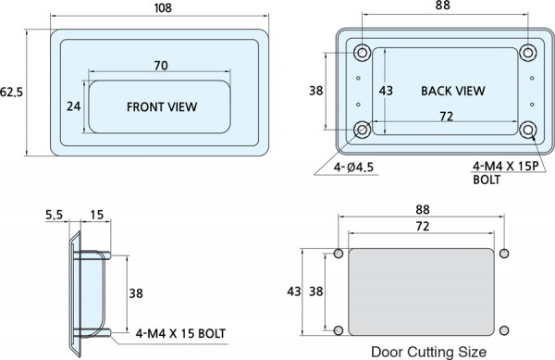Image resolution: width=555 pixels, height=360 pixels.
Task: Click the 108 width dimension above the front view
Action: pos(163,7)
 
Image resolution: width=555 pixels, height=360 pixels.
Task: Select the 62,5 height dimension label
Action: pos(11,92)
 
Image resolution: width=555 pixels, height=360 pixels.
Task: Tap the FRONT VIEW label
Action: pos(162,107)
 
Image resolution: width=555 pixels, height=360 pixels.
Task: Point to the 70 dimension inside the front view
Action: pos(161,66)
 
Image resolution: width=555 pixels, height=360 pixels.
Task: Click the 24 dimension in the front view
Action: pos(74,106)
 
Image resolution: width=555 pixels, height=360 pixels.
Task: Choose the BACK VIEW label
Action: pos(452,91)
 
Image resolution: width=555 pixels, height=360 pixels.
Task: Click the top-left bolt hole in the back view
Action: pos(362,53)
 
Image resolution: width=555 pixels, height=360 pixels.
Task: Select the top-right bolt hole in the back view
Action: pos(528,53)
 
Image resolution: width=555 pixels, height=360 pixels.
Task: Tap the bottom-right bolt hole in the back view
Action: pos(528,130)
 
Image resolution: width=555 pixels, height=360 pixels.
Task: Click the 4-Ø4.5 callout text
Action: pos(353,168)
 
